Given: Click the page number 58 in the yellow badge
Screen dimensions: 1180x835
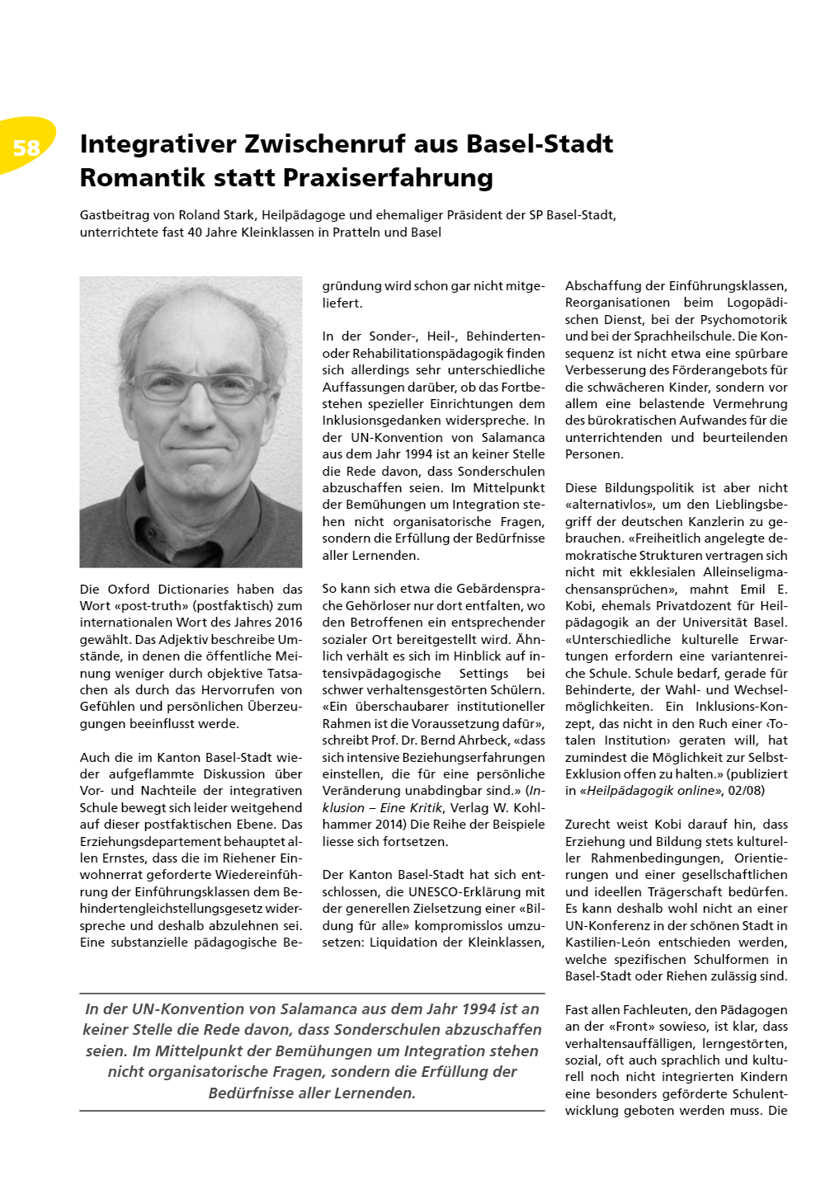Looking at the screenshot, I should click(26, 148).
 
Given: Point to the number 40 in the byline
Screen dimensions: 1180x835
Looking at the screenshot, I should click(196, 233).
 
